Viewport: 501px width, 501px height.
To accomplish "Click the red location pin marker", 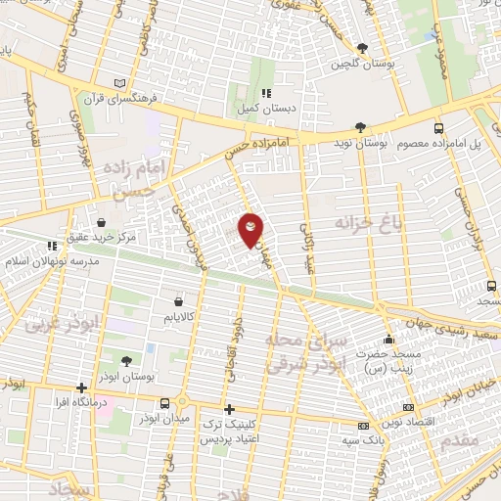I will [250, 229].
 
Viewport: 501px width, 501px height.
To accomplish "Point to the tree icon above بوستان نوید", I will [360, 127].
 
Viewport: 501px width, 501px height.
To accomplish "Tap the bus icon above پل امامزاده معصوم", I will [436, 128].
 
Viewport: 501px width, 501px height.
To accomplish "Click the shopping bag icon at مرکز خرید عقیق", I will [103, 221].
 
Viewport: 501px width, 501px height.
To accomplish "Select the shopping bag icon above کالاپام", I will [177, 301].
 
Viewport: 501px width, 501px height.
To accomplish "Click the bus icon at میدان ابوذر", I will [182, 402].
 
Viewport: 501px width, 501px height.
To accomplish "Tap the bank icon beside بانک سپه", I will [363, 427].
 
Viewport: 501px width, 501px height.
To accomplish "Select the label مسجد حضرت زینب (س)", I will [386, 362].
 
